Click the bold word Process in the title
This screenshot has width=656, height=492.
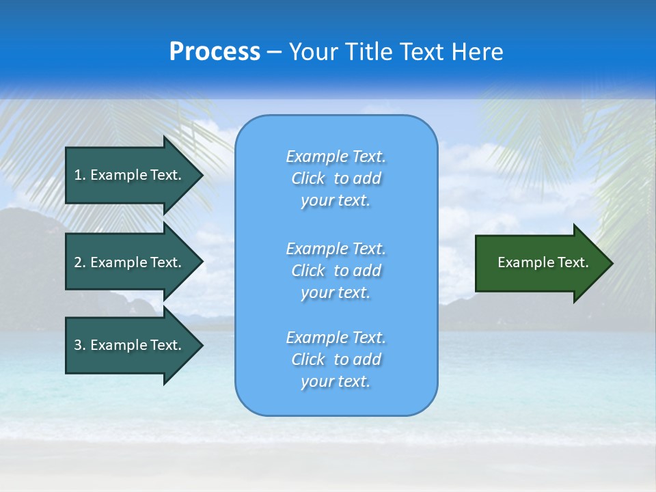[215, 52]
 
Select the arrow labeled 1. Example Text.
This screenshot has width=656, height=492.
[130, 175]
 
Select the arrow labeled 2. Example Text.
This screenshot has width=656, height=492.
[130, 262]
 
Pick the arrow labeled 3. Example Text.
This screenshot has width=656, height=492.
[130, 345]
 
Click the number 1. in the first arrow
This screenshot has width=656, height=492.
[80, 175]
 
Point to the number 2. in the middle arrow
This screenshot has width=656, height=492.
[80, 262]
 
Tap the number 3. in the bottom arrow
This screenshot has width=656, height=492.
[80, 345]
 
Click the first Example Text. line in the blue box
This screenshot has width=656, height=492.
[336, 156]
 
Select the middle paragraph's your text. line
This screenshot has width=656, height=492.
[336, 292]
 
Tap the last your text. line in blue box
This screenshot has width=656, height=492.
[336, 381]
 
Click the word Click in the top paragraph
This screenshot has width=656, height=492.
[307, 178]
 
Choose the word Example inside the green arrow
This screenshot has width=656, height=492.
[521, 262]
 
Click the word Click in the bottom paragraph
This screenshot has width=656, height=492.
[307, 359]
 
